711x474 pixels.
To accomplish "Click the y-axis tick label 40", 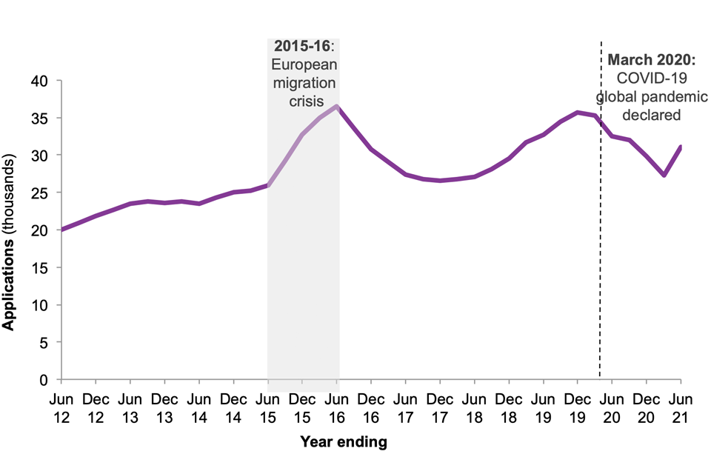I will pyautogui.click(x=39, y=81).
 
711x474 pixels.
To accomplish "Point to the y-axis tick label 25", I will pyautogui.click(x=39, y=193).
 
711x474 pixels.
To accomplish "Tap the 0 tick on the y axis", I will pyautogui.click(x=44, y=380).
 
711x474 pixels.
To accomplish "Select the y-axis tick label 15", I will pyautogui.click(x=39, y=268).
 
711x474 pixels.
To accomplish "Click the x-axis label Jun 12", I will pyautogui.click(x=61, y=409).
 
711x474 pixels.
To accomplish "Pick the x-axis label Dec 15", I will pyautogui.click(x=302, y=409).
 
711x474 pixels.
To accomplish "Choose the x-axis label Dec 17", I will pyautogui.click(x=440, y=409).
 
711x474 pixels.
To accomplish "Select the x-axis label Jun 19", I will pyautogui.click(x=544, y=409).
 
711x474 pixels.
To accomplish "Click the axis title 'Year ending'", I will pyautogui.click(x=343, y=443).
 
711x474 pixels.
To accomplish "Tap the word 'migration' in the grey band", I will pyautogui.click(x=304, y=81).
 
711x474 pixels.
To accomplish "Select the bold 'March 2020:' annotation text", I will pyautogui.click(x=651, y=60).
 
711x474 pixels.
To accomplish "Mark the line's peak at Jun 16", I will pyautogui.click(x=337, y=106).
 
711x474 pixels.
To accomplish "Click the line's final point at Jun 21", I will pyautogui.click(x=681, y=147).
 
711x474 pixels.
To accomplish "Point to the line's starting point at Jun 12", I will pyautogui.click(x=62, y=230).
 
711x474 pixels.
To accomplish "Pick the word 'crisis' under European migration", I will pyautogui.click(x=304, y=99).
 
